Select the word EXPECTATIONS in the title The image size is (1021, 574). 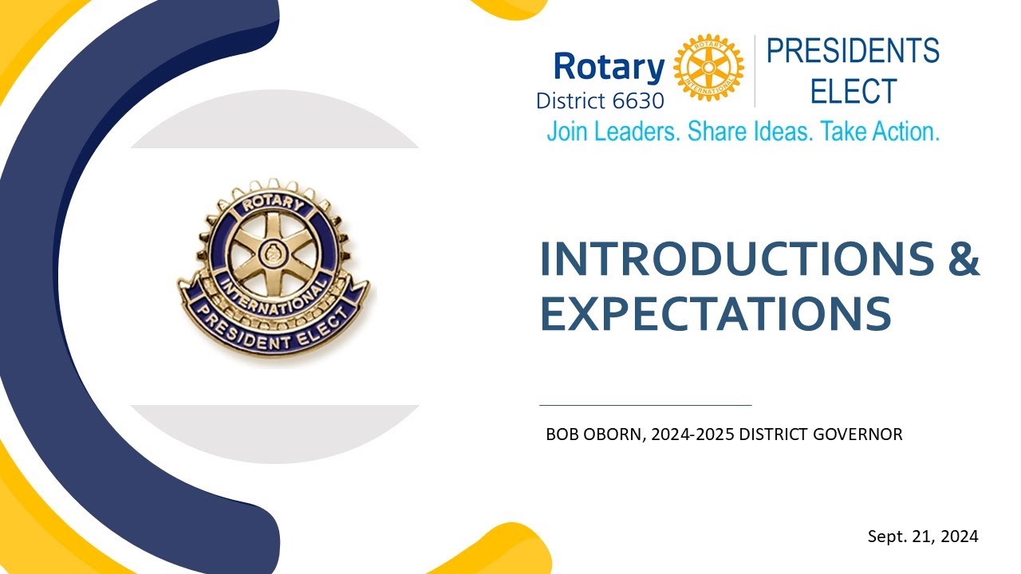pos(715,313)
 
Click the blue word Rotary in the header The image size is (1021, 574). pos(609,68)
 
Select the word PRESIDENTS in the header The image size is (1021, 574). pos(853,52)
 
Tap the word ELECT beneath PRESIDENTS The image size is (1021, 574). pos(853,92)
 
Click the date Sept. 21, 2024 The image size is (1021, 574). pos(923,537)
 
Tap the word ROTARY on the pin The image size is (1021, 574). pos(273,204)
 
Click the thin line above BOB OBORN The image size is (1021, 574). pos(645,405)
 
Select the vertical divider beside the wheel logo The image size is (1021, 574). pos(755,71)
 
